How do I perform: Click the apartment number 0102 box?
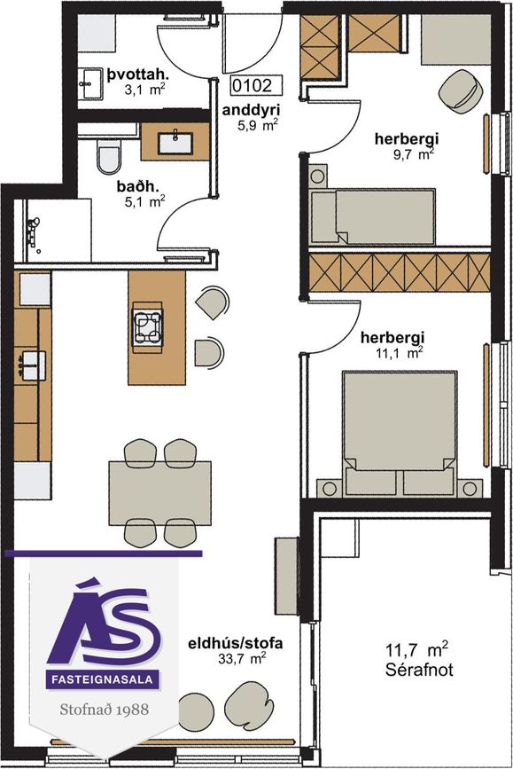257,85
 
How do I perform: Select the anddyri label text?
251,110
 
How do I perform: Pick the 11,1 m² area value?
400,353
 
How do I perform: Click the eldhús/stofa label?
236,643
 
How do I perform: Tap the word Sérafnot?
419,670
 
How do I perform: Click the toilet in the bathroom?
108,157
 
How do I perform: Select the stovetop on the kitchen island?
147,326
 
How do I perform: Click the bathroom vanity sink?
175,143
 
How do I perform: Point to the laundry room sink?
90,83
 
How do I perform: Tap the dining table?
159,493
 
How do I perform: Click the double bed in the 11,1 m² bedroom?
400,434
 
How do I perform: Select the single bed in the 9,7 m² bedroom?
373,216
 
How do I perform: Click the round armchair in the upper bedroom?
461,89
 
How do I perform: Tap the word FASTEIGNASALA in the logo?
103,679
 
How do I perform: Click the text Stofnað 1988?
104,710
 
